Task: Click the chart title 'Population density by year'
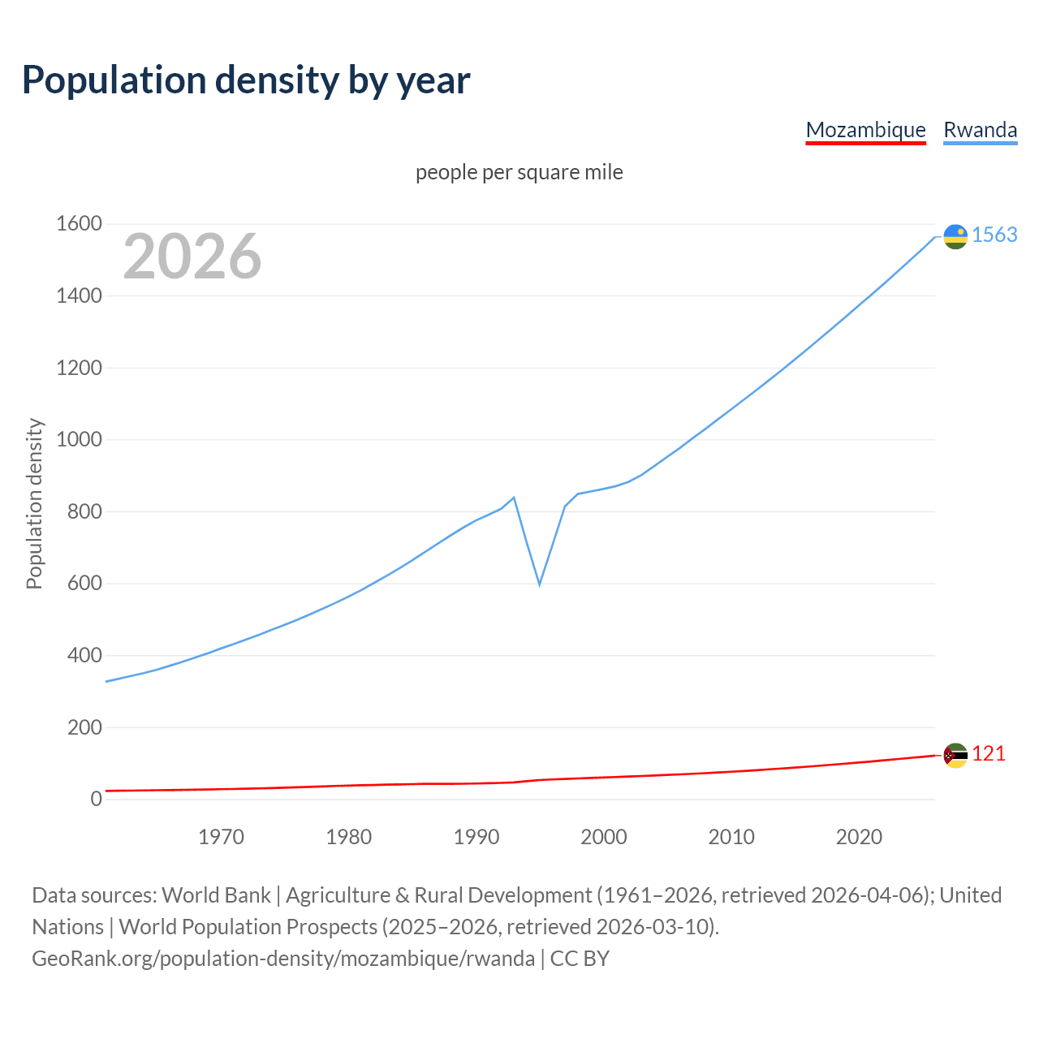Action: [x=246, y=80]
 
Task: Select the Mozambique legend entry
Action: [x=865, y=130]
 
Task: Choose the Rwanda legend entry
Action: [x=980, y=130]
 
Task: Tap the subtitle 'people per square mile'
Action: [x=519, y=172]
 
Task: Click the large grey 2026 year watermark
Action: [x=192, y=257]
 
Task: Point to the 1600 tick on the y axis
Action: [x=79, y=224]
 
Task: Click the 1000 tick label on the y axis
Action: [x=79, y=440]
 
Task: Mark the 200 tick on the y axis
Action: [x=84, y=727]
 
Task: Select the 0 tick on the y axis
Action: [x=96, y=799]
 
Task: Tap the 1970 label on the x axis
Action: [x=221, y=837]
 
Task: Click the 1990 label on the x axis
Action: [x=476, y=837]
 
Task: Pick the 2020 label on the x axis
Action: [x=859, y=837]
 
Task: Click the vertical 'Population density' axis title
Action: [x=34, y=503]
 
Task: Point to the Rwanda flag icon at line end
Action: [x=955, y=236]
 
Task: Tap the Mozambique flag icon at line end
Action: [x=955, y=755]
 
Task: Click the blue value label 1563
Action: [x=994, y=235]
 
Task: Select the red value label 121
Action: [x=989, y=754]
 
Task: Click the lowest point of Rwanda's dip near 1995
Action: [x=539, y=584]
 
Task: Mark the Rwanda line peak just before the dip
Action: [x=514, y=498]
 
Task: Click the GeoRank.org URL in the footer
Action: [x=283, y=959]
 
